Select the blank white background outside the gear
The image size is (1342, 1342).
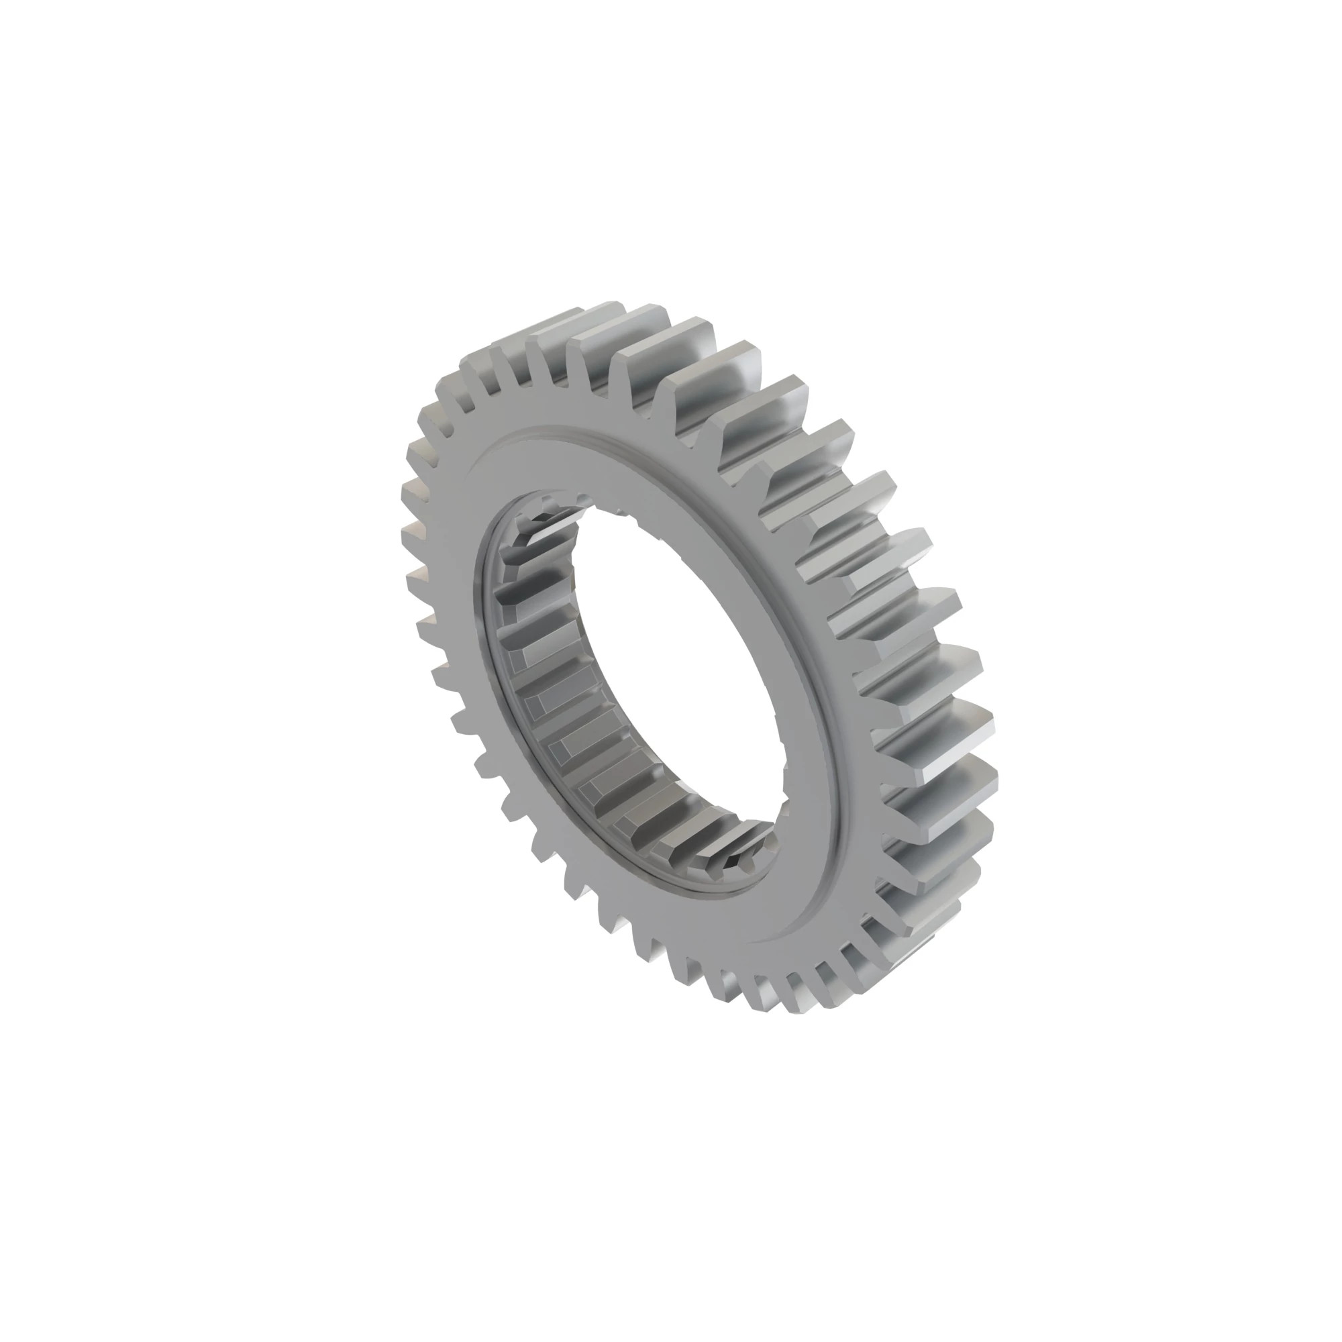[209, 209]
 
